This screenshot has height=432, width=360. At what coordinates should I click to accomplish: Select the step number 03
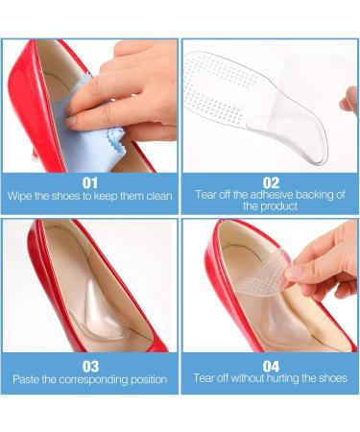[x=89, y=365]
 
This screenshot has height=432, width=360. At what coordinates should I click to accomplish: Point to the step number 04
[x=270, y=365]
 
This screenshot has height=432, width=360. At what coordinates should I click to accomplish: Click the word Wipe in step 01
[x=21, y=197]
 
